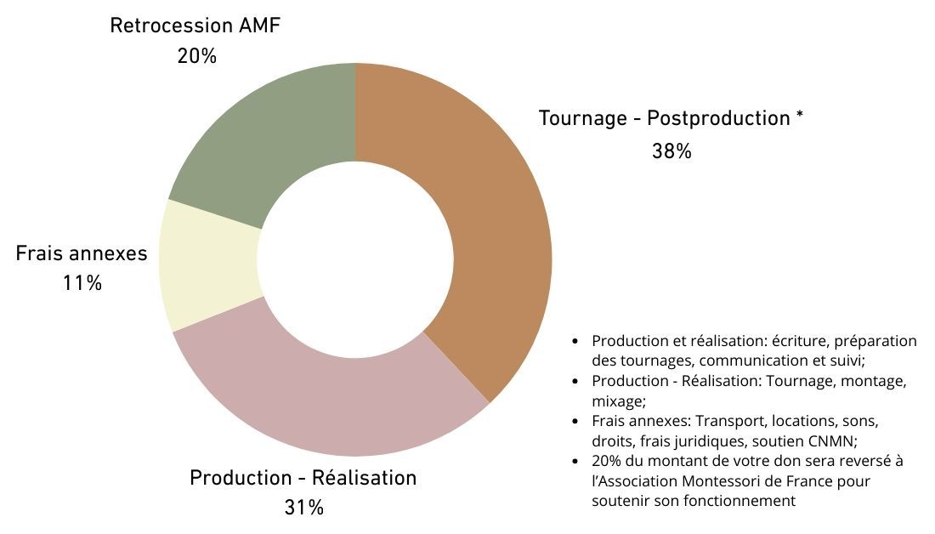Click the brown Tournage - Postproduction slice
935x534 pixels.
coord(501,239)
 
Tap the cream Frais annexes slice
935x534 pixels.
coord(210,265)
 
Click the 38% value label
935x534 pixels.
coord(671,151)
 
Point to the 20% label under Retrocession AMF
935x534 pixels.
coord(197,56)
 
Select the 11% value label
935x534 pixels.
coord(82,282)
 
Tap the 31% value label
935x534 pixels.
coord(304,507)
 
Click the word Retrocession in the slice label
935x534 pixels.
coord(171,26)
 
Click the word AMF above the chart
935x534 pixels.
coord(259,26)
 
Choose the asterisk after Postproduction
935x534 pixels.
coord(800,114)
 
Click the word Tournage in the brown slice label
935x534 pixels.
coord(583,119)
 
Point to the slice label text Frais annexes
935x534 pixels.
coord(82,253)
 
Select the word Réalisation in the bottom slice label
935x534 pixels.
coord(365,477)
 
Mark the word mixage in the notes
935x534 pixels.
coord(618,401)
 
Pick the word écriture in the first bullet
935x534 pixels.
coord(800,341)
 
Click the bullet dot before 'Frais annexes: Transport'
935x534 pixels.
coord(575,421)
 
